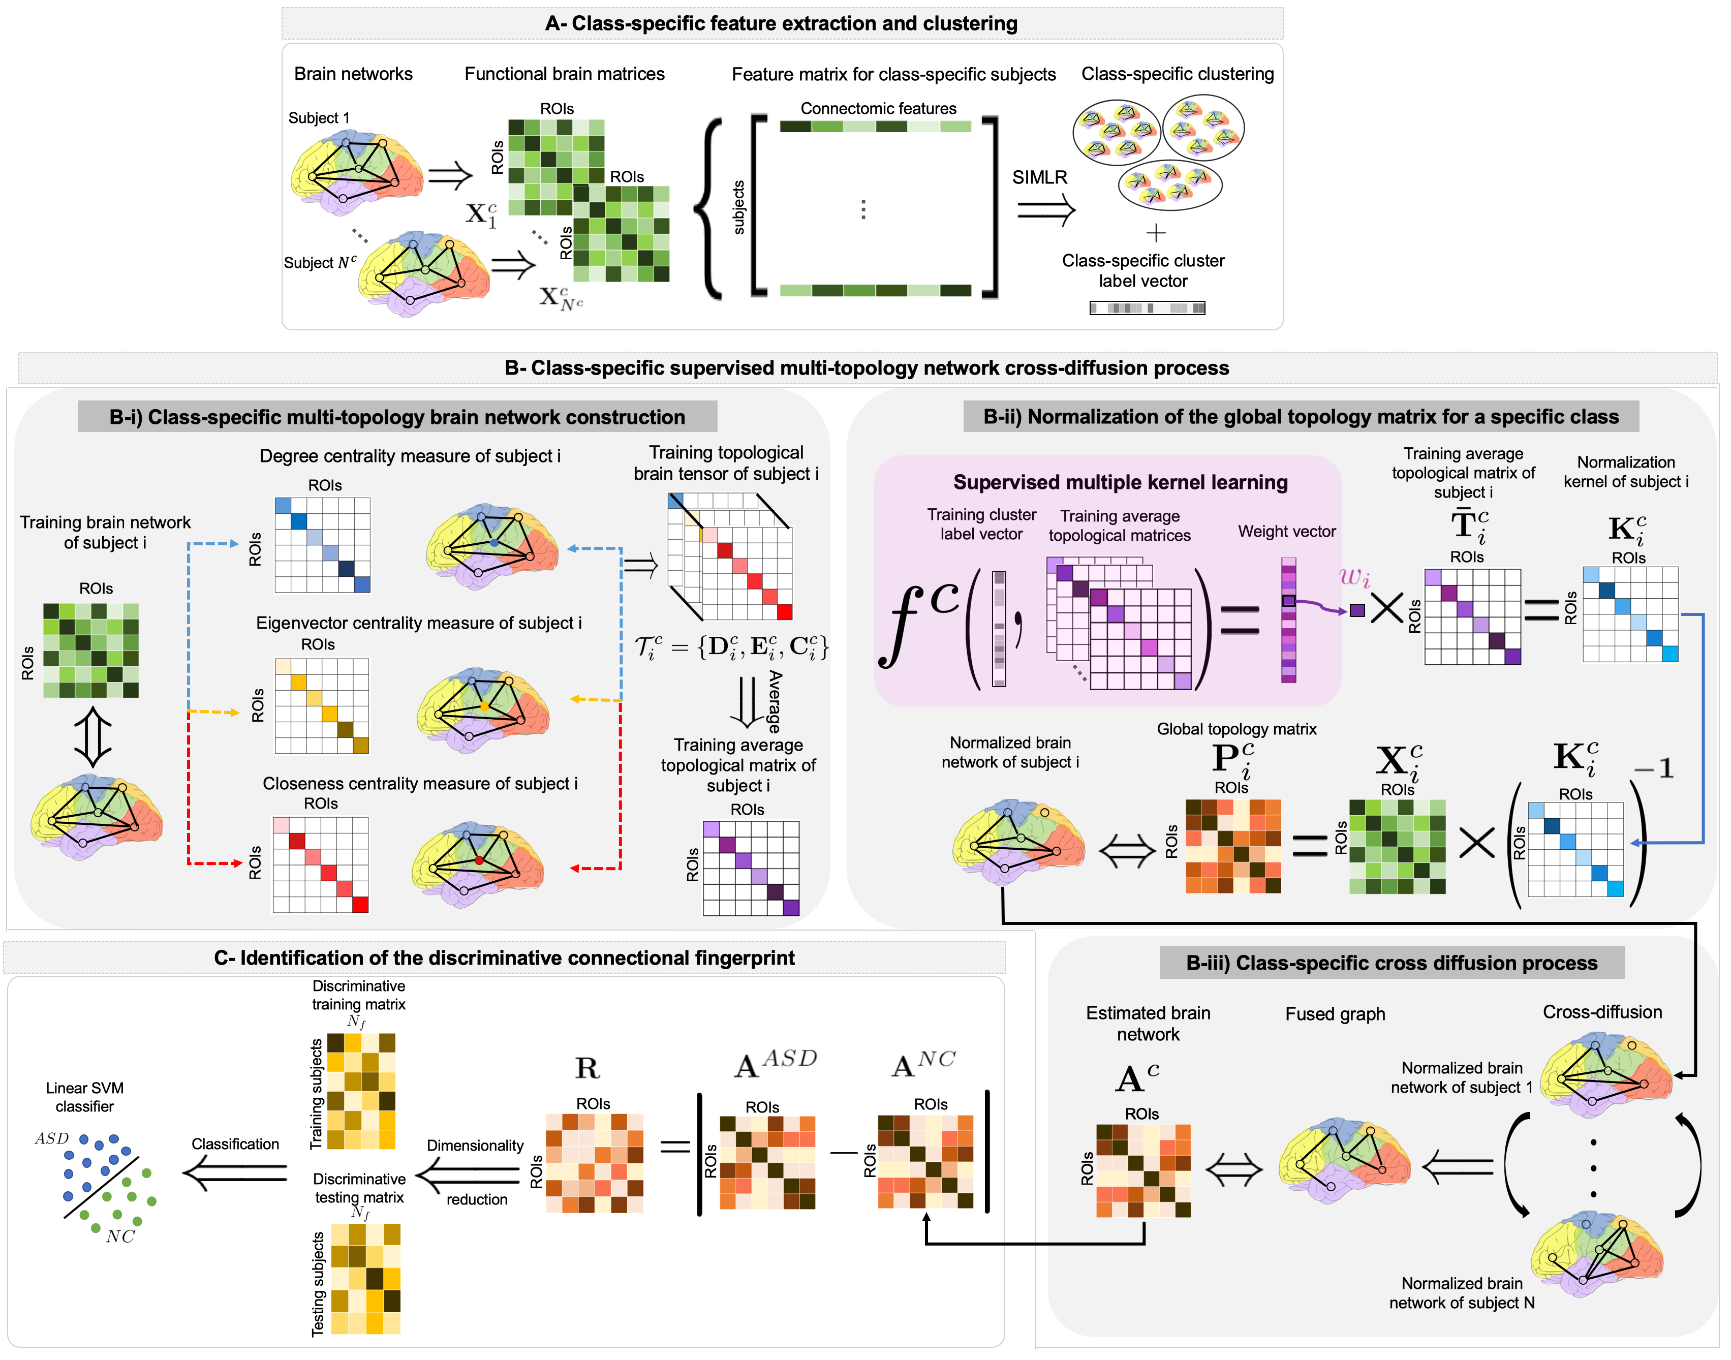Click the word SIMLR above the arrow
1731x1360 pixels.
pyautogui.click(x=1039, y=177)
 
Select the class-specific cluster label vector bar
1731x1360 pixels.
pyautogui.click(x=1147, y=308)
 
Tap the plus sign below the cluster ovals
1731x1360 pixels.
pyautogui.click(x=1155, y=232)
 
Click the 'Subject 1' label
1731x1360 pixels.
pyautogui.click(x=319, y=118)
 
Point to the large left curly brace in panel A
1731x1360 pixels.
pyautogui.click(x=708, y=208)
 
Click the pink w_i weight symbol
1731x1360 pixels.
pyautogui.click(x=1353, y=576)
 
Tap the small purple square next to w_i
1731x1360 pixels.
pyautogui.click(x=1357, y=611)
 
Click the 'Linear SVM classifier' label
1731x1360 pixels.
pyautogui.click(x=84, y=1097)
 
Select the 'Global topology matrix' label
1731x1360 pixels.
pyautogui.click(x=1236, y=729)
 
